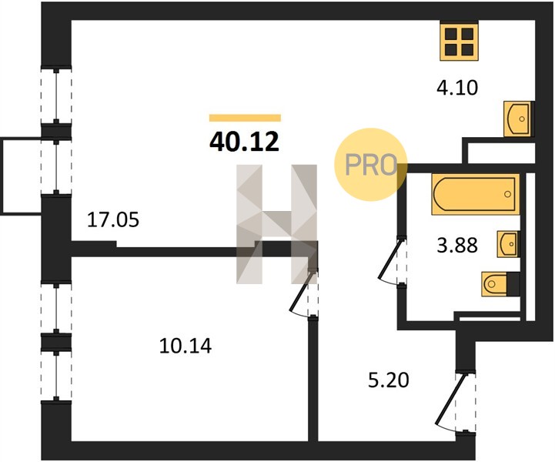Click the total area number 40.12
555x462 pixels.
coord(245,141)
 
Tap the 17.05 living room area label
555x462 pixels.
coord(113,220)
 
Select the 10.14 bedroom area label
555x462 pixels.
coord(186,346)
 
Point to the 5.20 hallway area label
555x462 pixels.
coord(389,380)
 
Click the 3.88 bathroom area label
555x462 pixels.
coord(457,245)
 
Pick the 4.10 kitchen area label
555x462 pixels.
coord(457,88)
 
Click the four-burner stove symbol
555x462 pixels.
coord(459,41)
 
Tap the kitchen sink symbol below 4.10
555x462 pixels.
coord(519,119)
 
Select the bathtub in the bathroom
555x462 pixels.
coord(476,194)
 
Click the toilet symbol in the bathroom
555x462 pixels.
coord(494,283)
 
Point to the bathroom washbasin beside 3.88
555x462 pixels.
coord(508,244)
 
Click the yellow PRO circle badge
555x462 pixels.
coord(370,165)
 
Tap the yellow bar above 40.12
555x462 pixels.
coord(245,118)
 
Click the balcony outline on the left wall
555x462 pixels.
coord(3,176)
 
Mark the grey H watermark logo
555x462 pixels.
coord(277,224)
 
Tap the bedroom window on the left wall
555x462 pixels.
coord(56,341)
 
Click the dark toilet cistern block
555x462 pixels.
coord(513,284)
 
